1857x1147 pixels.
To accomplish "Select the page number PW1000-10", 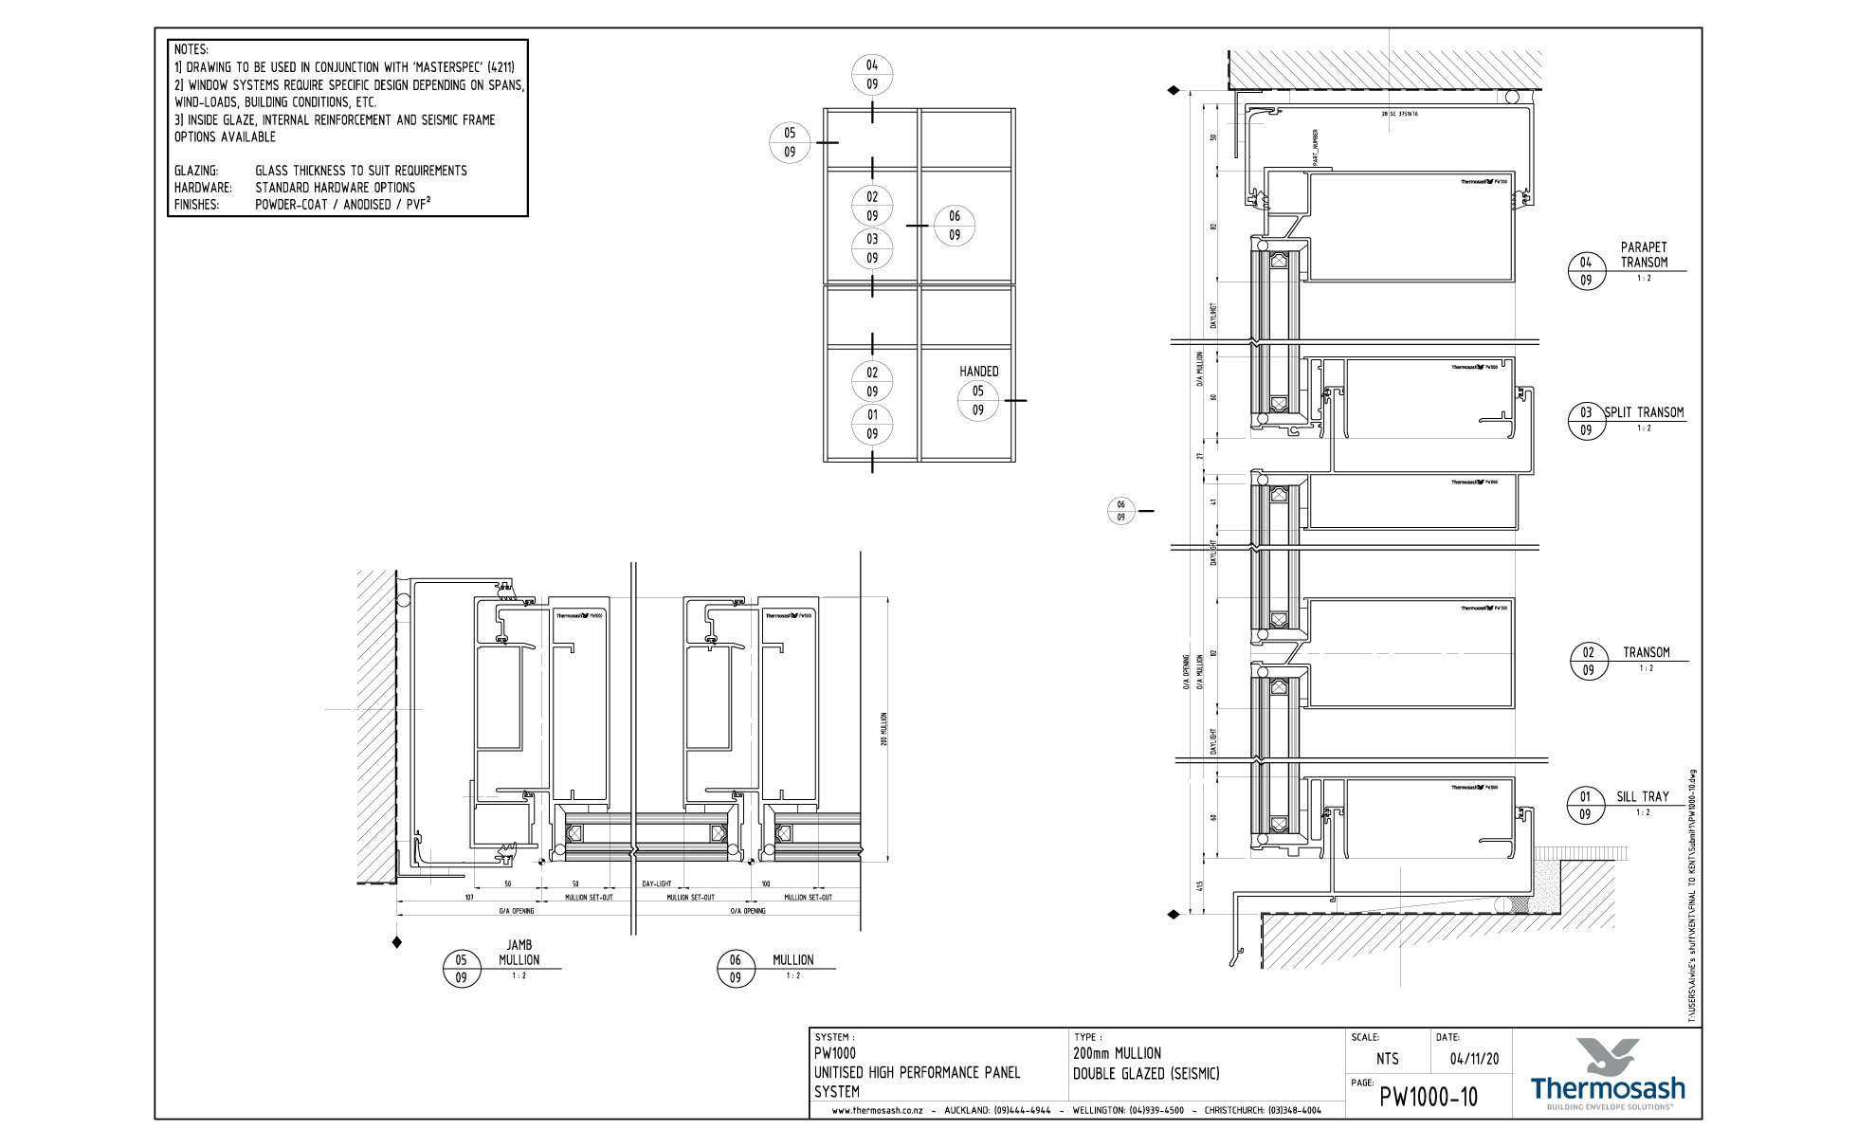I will (1429, 1098).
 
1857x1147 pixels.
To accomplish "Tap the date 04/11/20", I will (1474, 1059).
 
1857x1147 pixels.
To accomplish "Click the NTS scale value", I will (1387, 1059).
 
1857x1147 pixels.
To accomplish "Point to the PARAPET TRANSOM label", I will (1644, 255).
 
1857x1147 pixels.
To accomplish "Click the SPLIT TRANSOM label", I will (1644, 412).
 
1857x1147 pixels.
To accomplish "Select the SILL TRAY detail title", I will (1643, 797).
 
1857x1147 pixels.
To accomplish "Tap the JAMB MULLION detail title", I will (519, 953).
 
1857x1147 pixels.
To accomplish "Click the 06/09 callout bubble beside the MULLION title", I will (736, 969).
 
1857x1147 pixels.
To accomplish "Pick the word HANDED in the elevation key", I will (978, 372).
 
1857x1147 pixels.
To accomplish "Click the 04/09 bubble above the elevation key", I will (872, 75).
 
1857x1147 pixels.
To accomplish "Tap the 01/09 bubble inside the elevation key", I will (872, 424).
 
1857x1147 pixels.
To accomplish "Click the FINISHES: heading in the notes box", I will (196, 205).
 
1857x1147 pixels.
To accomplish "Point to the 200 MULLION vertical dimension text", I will (884, 729).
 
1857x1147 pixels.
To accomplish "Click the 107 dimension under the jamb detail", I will (469, 897).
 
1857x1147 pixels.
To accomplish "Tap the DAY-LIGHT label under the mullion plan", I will (656, 883).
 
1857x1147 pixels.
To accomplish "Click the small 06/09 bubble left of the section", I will (1120, 511).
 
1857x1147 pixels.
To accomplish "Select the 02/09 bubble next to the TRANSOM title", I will (1589, 661).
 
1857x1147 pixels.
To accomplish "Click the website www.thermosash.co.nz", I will (877, 1110).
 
